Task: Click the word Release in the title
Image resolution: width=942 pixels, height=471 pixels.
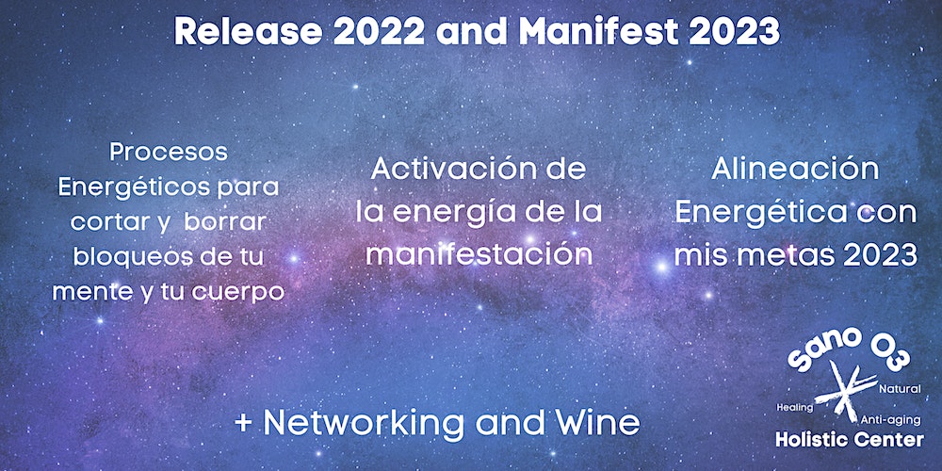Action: [249, 31]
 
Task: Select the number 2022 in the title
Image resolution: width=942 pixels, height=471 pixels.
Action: [380, 31]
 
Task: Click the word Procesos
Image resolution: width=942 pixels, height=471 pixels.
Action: [169, 152]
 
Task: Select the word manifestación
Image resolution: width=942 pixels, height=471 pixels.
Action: [479, 254]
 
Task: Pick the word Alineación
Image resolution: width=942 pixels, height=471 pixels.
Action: [795, 170]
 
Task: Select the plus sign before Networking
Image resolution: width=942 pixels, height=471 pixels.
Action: [243, 424]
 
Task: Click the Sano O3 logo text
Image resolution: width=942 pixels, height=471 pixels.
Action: [849, 350]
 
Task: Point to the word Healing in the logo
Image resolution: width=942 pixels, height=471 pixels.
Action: [795, 407]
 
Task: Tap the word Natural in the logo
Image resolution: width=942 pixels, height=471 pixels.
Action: [900, 390]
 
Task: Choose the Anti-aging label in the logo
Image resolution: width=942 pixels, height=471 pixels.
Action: [890, 419]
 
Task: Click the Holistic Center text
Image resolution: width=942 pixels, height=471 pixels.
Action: [850, 440]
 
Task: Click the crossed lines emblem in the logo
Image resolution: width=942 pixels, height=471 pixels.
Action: [847, 391]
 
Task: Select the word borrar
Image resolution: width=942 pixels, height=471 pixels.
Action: [225, 222]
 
